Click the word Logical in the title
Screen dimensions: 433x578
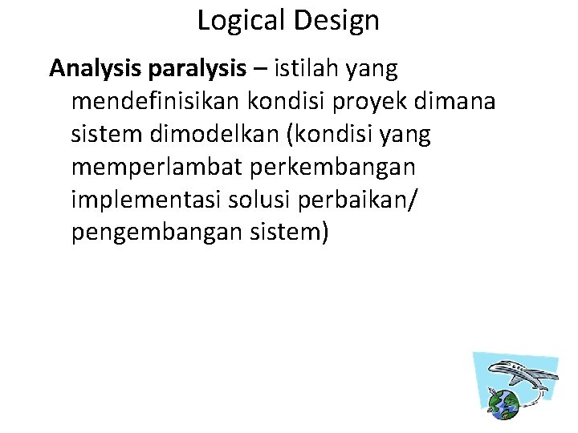(238, 21)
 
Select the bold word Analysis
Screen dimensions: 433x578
(96, 69)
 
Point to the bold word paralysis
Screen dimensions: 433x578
(197, 69)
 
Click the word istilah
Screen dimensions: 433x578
(306, 69)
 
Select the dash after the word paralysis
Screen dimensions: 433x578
(260, 71)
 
